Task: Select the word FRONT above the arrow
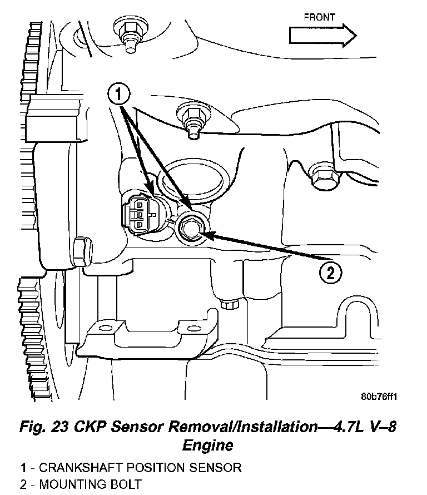[319, 17]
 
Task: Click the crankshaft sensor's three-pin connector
[138, 214]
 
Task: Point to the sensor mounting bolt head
[190, 228]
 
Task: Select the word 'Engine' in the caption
[208, 445]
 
